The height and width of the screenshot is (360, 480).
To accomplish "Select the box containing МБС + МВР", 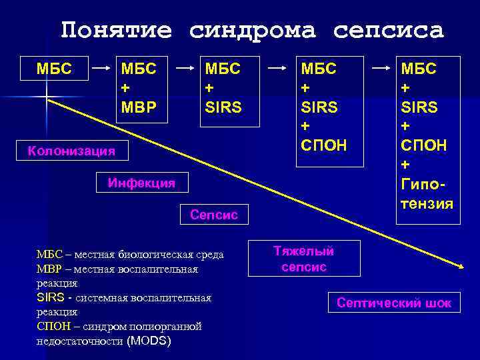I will click(x=138, y=87).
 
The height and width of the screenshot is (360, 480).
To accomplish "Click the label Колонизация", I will click(x=71, y=151).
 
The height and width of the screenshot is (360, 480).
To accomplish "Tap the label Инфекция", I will click(x=141, y=183).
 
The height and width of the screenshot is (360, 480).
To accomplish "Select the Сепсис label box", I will click(x=214, y=215).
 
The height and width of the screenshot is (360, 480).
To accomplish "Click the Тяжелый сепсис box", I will click(x=303, y=259).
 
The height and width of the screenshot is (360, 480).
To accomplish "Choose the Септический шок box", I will click(x=394, y=303).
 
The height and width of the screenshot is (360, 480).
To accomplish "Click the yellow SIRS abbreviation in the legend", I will click(x=51, y=297).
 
